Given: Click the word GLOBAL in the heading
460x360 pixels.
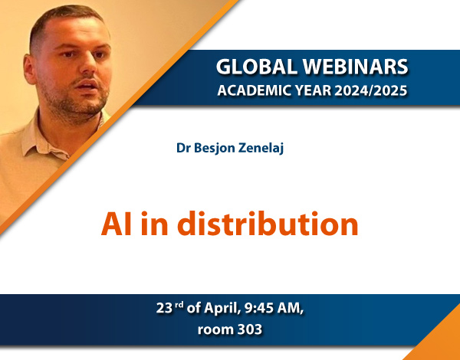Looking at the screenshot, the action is click(257, 66).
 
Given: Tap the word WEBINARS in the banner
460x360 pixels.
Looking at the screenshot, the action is click(355, 66).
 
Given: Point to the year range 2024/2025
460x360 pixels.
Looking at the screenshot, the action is click(371, 90).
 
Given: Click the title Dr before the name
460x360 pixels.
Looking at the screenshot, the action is click(183, 148).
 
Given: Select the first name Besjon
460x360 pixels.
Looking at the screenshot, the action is click(215, 149).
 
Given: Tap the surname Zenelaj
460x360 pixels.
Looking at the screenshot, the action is click(261, 149).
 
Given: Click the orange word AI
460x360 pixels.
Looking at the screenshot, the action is click(116, 224).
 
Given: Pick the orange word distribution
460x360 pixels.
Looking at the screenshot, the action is click(268, 224).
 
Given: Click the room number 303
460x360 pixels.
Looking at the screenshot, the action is click(250, 330).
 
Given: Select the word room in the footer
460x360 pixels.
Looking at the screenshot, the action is click(215, 330).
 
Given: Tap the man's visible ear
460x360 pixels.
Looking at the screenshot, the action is click(30, 69).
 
